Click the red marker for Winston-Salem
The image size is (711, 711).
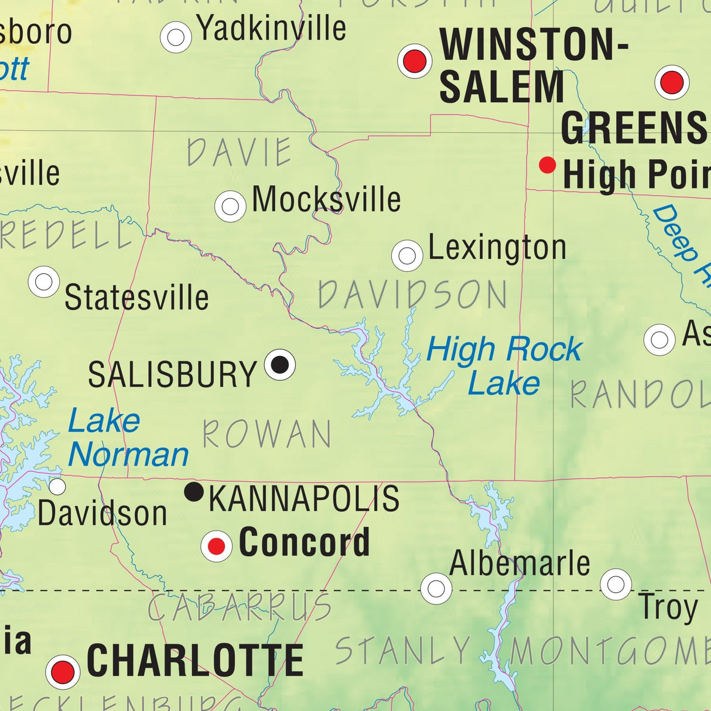[415, 61]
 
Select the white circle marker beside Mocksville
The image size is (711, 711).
[230, 206]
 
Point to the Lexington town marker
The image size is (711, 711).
[407, 255]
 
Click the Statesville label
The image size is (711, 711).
[136, 298]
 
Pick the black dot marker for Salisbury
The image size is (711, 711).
[280, 364]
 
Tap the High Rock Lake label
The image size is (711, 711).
[504, 366]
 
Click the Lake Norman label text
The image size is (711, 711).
[128, 438]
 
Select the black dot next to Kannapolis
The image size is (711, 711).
[194, 491]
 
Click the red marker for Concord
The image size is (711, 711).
[216, 546]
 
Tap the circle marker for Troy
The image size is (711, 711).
[616, 584]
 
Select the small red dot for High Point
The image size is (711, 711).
[547, 165]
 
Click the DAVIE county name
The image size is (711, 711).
[239, 152]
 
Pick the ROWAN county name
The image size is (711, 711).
[267, 435]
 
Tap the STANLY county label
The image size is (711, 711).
[403, 651]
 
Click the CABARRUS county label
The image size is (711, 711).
[239, 608]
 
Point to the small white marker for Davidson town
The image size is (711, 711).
[57, 486]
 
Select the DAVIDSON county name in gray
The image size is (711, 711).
[412, 295]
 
